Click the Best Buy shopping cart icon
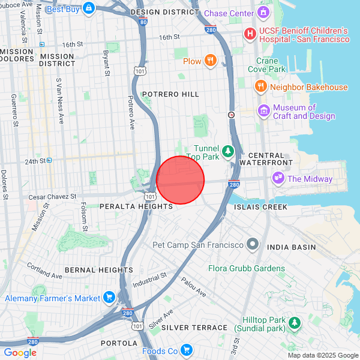(x=89, y=8)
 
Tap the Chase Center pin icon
(x=263, y=13)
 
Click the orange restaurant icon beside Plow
(x=209, y=61)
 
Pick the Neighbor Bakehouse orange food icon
(x=260, y=87)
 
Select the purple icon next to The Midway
(x=278, y=178)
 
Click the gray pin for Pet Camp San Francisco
(x=253, y=245)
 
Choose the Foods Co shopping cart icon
(x=186, y=350)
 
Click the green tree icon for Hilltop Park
(x=295, y=324)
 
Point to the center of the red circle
(x=181, y=180)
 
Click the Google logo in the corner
(x=20, y=353)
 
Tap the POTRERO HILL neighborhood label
(x=170, y=95)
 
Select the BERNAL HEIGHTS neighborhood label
(x=99, y=270)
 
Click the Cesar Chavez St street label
(x=53, y=196)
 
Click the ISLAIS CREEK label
(x=260, y=207)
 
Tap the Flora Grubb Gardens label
(x=247, y=268)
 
